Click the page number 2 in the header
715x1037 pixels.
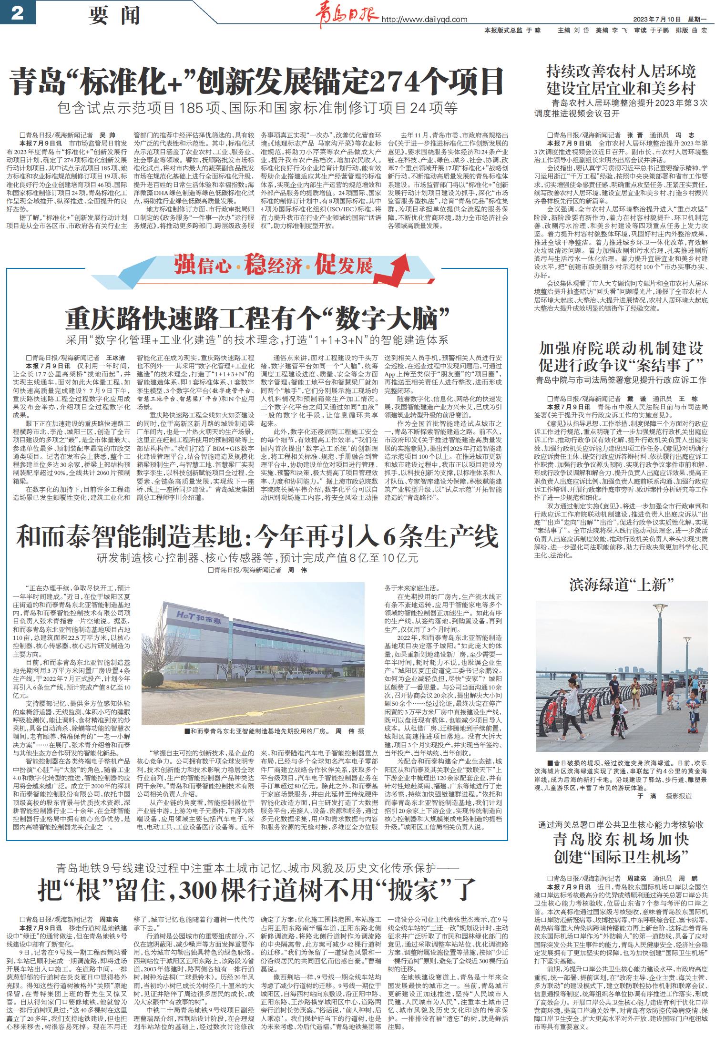tap(17, 13)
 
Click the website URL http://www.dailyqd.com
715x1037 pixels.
tap(424, 19)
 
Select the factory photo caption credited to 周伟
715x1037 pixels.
tap(276, 730)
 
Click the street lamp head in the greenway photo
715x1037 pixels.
tap(660, 608)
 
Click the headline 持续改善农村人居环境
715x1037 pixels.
tap(621, 72)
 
